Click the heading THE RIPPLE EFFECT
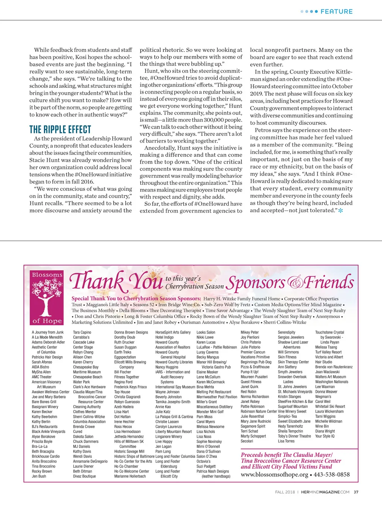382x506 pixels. click(60, 130)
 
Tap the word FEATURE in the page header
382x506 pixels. click(336, 12)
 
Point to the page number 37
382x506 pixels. click(356, 492)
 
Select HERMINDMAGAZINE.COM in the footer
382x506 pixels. click(325, 492)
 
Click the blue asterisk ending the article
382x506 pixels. click(340, 211)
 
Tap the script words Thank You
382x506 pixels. click(116, 281)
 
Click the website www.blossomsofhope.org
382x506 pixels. click(275, 475)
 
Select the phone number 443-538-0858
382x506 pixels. click(332, 475)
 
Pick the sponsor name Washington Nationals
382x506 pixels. click(332, 382)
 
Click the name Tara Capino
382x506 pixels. click(82, 332)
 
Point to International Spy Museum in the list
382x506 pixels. click(175, 387)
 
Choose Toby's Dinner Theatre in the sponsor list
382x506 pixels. click(294, 436)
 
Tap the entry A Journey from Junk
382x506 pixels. click(48, 332)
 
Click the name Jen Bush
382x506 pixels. click(39, 476)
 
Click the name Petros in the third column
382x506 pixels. click(263, 130)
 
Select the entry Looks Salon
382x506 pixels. click(206, 332)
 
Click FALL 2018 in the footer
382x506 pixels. click(285, 492)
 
